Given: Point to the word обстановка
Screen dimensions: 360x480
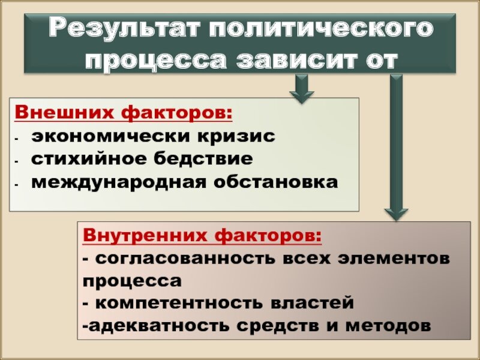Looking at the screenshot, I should click(x=271, y=181).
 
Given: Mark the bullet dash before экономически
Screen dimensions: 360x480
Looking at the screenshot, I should click(x=18, y=137).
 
